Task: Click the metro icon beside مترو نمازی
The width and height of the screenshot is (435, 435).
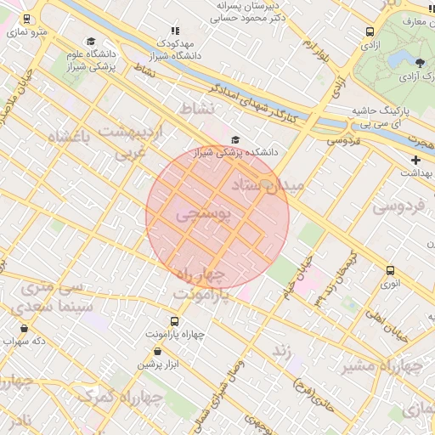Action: (x=27, y=19)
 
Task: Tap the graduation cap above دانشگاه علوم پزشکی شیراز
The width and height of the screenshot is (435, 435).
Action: (x=90, y=42)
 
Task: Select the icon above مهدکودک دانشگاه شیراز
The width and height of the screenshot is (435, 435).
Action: (x=175, y=31)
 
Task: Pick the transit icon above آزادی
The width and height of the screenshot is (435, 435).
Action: (x=370, y=31)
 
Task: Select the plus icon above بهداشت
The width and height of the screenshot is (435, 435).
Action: (x=415, y=160)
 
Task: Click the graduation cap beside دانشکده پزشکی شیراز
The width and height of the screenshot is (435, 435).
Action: (x=235, y=140)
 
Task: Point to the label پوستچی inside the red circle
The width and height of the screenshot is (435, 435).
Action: (x=204, y=216)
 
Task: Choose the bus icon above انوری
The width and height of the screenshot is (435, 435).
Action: (x=390, y=270)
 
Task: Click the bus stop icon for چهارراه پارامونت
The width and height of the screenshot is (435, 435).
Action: (x=175, y=321)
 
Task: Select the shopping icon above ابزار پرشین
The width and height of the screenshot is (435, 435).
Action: (x=157, y=351)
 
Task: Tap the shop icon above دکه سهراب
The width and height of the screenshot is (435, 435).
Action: (x=24, y=328)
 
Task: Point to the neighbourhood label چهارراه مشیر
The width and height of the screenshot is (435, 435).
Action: (x=382, y=367)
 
